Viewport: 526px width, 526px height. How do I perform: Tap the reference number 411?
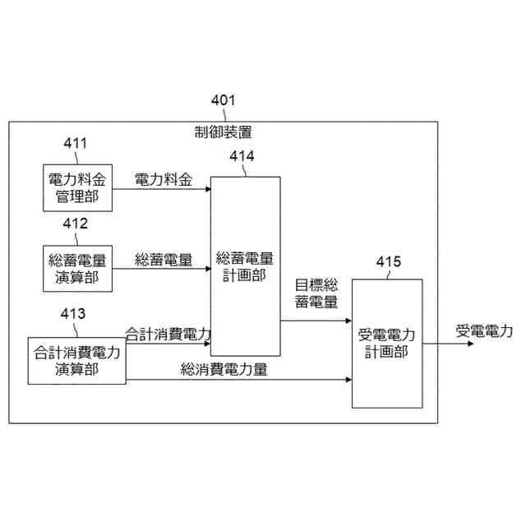(76, 144)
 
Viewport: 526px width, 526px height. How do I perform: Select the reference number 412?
(76, 224)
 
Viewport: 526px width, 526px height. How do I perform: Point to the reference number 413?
(73, 313)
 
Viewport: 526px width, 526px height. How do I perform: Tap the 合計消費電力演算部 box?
(76, 360)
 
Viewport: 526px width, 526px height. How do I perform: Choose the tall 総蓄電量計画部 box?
(245, 266)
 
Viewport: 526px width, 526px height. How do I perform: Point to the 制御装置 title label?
(224, 131)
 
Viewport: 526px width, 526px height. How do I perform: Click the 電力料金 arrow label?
(163, 180)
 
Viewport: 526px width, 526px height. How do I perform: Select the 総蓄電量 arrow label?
(163, 261)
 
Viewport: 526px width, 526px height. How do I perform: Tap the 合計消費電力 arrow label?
(168, 335)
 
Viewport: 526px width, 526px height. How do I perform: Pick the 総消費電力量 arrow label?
(224, 370)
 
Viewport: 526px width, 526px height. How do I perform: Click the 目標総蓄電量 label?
(316, 293)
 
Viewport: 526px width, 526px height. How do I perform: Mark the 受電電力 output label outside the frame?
(484, 331)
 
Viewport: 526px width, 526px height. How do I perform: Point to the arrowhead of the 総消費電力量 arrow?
(348, 380)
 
